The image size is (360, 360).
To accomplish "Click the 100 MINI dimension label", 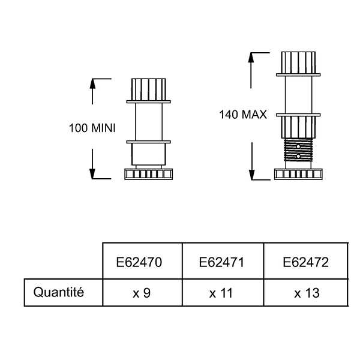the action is pos(92,128).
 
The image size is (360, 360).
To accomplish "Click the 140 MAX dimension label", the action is pos(243,115).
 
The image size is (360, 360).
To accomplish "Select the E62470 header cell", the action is pos(142,261).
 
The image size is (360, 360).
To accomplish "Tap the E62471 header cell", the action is pos(223,261).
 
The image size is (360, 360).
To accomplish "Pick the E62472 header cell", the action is pos(306,261).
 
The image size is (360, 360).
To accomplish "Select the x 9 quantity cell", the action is pos(142,293).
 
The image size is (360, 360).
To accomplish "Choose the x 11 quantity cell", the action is pos(223,293).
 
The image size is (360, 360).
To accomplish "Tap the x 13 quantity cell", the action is pos(306,293).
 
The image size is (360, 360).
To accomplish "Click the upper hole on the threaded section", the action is pos(298,146).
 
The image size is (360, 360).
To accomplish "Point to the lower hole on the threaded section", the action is pos(298,156).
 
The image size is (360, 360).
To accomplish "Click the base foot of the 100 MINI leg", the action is pos(149,174).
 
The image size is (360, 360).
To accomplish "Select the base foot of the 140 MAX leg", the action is pos(298,174).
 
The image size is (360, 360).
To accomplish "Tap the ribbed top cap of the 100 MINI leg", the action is pos(149,89).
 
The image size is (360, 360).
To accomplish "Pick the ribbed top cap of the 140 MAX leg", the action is pos(298,62).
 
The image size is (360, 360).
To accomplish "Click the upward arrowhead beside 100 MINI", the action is pos(92,83).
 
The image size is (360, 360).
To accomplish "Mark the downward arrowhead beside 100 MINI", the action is pos(92,174).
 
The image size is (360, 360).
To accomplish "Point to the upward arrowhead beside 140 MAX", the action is pos(251,58).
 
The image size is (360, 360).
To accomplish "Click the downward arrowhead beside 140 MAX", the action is pos(252,175).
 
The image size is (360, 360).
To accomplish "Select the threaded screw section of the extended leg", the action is pos(298,150).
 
